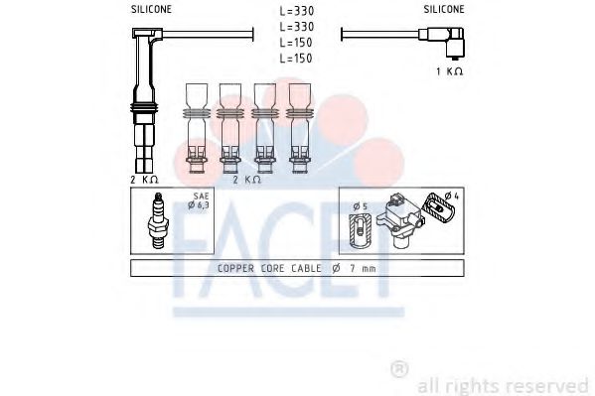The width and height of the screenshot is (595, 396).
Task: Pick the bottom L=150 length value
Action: [297, 59]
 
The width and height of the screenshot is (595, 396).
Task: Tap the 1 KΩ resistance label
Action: [450, 73]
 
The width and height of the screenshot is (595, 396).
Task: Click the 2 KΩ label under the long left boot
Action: [144, 180]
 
